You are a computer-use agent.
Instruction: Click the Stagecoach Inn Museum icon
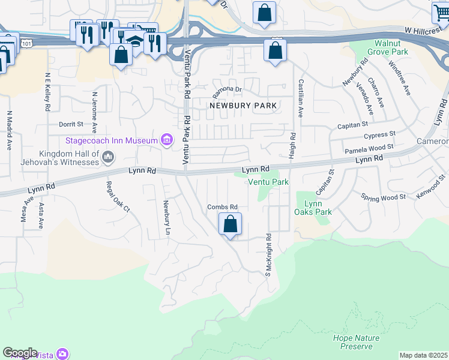click(x=167, y=141)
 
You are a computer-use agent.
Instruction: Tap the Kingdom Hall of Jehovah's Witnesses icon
click(x=108, y=157)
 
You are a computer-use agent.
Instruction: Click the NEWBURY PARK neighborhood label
click(x=243, y=106)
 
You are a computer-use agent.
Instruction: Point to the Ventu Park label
click(x=268, y=182)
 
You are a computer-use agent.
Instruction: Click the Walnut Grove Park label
click(x=383, y=48)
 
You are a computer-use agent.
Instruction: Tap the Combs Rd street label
click(x=223, y=207)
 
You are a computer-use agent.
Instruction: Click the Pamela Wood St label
click(x=369, y=148)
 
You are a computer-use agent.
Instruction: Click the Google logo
click(x=20, y=353)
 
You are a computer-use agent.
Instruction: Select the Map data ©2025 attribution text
click(x=423, y=355)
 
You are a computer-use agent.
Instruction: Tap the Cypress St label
click(x=380, y=135)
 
